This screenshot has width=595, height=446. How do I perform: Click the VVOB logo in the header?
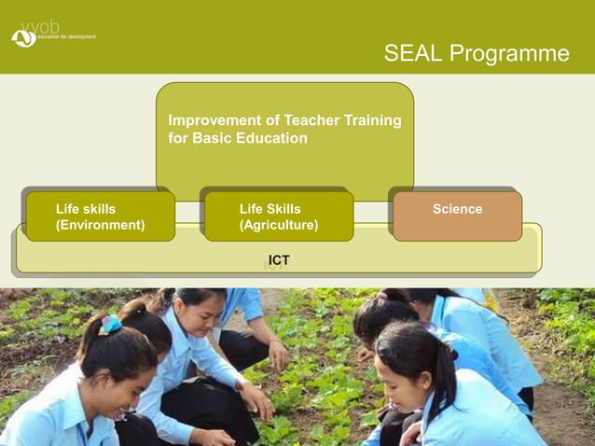click(x=24, y=35)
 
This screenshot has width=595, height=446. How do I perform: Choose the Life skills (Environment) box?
click(x=100, y=216)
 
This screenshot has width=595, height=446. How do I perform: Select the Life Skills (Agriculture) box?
click(x=278, y=216)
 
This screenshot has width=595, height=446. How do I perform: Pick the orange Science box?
click(x=457, y=216)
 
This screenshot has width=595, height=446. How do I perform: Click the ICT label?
click(x=278, y=260)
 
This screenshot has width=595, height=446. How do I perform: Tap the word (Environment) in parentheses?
click(x=100, y=226)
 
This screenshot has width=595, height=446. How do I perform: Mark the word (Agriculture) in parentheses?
click(x=278, y=226)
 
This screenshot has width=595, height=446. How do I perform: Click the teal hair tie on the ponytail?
click(x=111, y=324)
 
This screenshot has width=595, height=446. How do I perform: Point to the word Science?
click(x=457, y=209)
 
